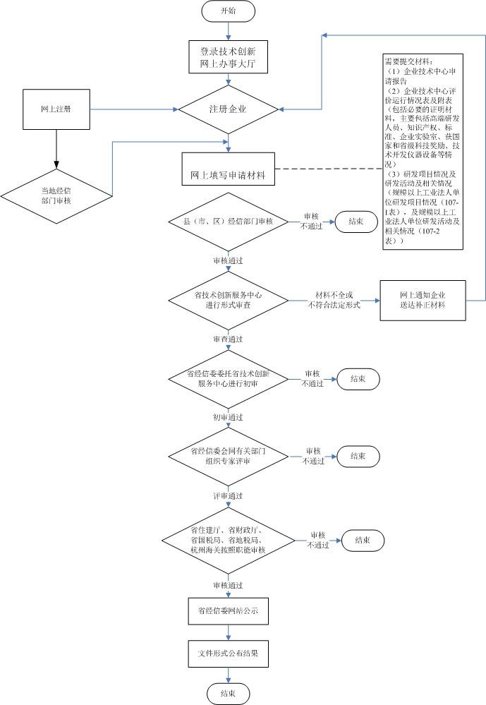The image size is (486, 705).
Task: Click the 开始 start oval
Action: pyautogui.click(x=228, y=11)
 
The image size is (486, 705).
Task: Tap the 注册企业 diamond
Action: pyautogui.click(x=228, y=109)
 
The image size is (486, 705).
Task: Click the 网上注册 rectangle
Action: pyautogui.click(x=56, y=110)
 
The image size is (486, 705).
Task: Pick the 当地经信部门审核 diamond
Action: pyautogui.click(x=56, y=195)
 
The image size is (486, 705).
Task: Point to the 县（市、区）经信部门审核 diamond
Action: pyautogui.click(x=228, y=222)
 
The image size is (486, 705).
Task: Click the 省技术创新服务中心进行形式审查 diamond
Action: pyautogui.click(x=228, y=300)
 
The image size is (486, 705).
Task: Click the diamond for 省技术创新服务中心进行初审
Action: pyautogui.click(x=228, y=378)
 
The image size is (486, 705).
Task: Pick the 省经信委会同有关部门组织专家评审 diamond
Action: pyautogui.click(x=228, y=456)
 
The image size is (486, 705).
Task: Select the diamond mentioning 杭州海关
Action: pyautogui.click(x=228, y=541)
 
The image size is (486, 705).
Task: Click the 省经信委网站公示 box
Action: pyautogui.click(x=228, y=610)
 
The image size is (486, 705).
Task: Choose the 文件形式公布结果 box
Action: pyautogui.click(x=228, y=653)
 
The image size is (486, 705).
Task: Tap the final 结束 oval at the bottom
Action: pyautogui.click(x=228, y=693)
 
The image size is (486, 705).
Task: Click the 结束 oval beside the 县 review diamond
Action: pyautogui.click(x=356, y=221)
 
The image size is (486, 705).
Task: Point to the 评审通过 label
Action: pyautogui.click(x=228, y=496)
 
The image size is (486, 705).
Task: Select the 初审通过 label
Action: pyautogui.click(x=228, y=417)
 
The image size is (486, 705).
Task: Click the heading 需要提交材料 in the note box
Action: pyautogui.click(x=408, y=61)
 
